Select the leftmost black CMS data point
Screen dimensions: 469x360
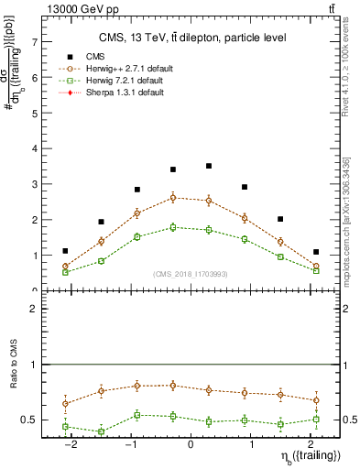pos(65,251)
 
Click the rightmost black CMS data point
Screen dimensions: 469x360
pos(316,252)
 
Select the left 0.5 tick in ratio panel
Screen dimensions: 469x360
pos(31,420)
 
